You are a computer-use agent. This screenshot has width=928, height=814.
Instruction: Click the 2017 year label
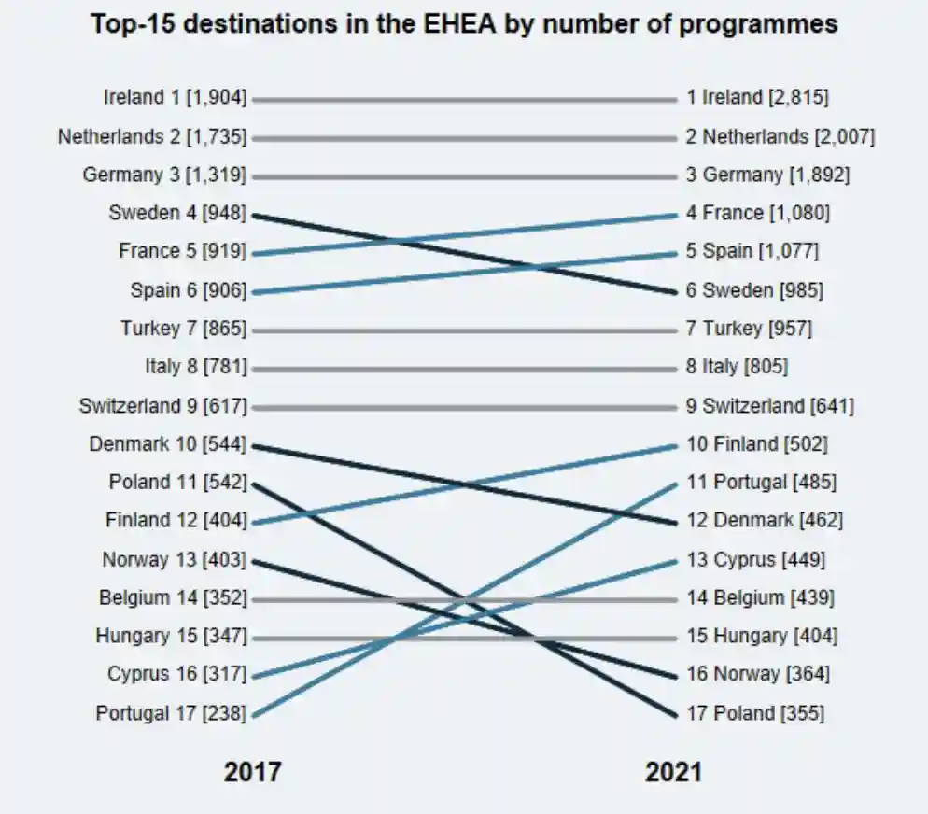click(x=252, y=773)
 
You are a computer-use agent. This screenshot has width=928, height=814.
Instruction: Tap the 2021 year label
click(x=673, y=773)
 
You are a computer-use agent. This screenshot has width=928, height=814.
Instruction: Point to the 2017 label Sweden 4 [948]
click(x=177, y=213)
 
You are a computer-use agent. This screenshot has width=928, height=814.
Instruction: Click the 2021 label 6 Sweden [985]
click(x=754, y=290)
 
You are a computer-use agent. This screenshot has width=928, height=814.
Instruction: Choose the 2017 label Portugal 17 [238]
click(x=171, y=714)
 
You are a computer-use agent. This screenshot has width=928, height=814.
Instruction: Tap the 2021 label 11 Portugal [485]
click(x=761, y=483)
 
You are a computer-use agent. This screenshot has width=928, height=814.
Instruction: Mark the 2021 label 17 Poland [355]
click(x=754, y=714)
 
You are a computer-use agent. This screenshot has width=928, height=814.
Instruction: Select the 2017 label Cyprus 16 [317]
click(x=177, y=675)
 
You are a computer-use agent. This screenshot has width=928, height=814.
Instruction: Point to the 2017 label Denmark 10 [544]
click(x=168, y=444)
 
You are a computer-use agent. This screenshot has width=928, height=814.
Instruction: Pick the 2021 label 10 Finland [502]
click(x=756, y=444)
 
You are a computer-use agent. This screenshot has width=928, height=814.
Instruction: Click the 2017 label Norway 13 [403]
click(x=175, y=560)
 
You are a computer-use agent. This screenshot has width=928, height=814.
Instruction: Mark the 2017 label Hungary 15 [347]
click(x=171, y=637)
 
